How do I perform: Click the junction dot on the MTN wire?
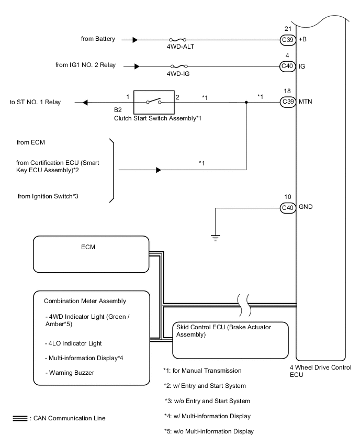[x=246, y=102]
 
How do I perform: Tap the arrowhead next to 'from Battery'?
[x=136, y=39]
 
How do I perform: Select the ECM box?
[x=91, y=254]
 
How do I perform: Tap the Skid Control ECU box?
[x=231, y=339]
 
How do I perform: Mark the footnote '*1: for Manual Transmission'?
[x=202, y=371]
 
